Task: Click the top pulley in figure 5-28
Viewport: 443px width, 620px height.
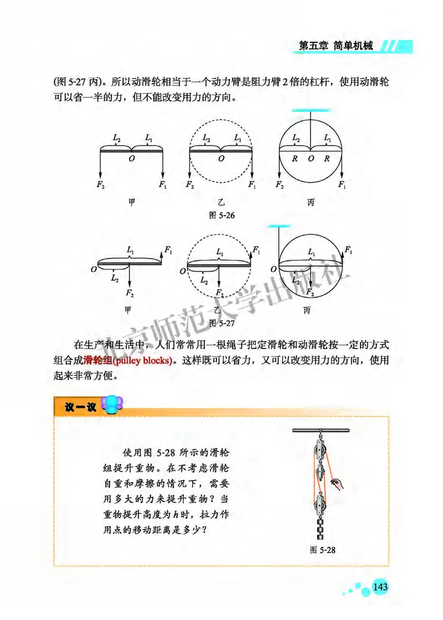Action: point(320,448)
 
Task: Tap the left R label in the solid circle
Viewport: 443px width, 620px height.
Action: point(295,158)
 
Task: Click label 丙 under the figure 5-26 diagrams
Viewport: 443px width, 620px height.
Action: point(311,203)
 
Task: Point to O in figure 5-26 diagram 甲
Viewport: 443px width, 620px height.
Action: point(131,158)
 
